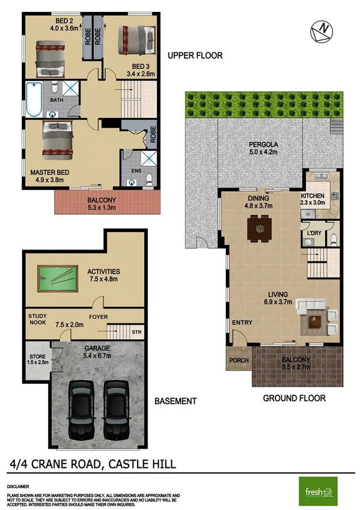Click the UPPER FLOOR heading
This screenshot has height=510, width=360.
click(x=195, y=55)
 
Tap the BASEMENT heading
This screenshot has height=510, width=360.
click(x=175, y=401)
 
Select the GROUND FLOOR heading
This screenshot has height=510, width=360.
click(x=294, y=398)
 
